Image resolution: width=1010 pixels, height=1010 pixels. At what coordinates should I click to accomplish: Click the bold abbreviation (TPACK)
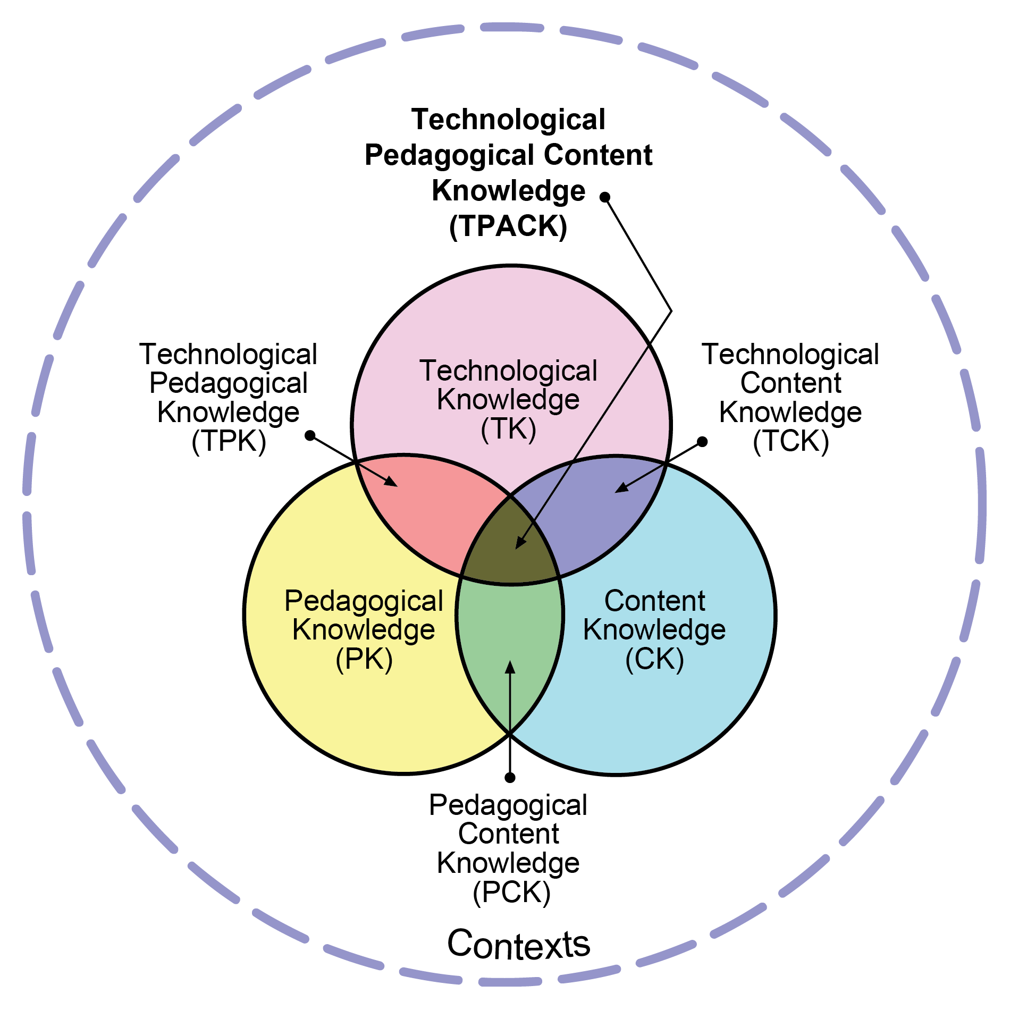pyautogui.click(x=508, y=226)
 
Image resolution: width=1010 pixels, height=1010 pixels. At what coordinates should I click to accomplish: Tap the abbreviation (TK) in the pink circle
pyautogui.click(x=508, y=429)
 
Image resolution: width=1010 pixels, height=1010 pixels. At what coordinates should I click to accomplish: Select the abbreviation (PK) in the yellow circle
pyautogui.click(x=364, y=659)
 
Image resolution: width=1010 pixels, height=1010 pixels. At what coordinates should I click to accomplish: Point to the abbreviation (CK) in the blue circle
pyautogui.click(x=654, y=659)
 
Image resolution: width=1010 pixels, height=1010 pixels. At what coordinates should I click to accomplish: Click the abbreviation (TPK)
pyautogui.click(x=229, y=441)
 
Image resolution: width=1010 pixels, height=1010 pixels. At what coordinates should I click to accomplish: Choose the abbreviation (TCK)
pyautogui.click(x=791, y=441)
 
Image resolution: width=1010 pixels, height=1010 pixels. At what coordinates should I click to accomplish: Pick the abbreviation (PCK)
pyautogui.click(x=511, y=892)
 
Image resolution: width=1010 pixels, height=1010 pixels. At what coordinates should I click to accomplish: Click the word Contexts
pyautogui.click(x=518, y=945)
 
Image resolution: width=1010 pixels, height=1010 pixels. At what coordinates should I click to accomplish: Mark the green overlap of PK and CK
pyautogui.click(x=509, y=638)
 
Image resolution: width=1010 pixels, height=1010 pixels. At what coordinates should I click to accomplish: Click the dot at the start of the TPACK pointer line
pyautogui.click(x=604, y=197)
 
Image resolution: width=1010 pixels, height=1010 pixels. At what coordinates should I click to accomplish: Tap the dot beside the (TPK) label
pyautogui.click(x=310, y=436)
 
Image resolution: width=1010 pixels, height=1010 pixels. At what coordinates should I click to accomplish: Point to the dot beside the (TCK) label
pyautogui.click(x=702, y=442)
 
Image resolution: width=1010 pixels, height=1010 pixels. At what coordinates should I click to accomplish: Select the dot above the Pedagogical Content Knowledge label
pyautogui.click(x=510, y=778)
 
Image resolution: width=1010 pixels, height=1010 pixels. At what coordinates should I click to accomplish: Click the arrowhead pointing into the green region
pyautogui.click(x=510, y=667)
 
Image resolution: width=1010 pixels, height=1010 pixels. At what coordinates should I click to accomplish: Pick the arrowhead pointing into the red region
pyautogui.click(x=391, y=481)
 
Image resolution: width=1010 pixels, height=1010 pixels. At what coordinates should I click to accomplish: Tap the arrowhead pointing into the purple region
pyautogui.click(x=621, y=487)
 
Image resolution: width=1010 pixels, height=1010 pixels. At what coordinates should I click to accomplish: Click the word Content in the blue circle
pyautogui.click(x=654, y=601)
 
